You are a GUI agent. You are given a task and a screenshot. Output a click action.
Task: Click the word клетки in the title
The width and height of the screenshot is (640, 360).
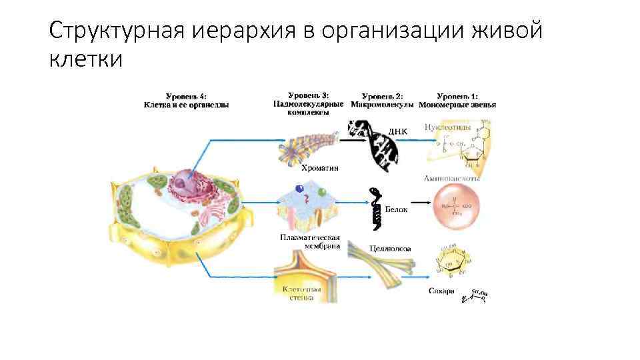(86, 60)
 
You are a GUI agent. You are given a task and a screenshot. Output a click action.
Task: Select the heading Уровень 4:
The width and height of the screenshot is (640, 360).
(186, 96)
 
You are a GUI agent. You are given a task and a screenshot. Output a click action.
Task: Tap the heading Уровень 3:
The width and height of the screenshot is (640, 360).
(309, 95)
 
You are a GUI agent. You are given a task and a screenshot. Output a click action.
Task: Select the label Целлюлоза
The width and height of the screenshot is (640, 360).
(390, 249)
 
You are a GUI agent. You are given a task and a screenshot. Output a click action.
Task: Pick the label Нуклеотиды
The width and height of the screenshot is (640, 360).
(448, 127)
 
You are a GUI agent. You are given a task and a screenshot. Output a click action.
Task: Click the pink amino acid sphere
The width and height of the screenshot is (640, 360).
(457, 207)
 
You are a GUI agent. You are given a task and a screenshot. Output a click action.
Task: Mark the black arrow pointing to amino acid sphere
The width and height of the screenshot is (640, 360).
(419, 202)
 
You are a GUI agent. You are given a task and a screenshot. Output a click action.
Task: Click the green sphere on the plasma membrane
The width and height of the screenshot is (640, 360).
(321, 193)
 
